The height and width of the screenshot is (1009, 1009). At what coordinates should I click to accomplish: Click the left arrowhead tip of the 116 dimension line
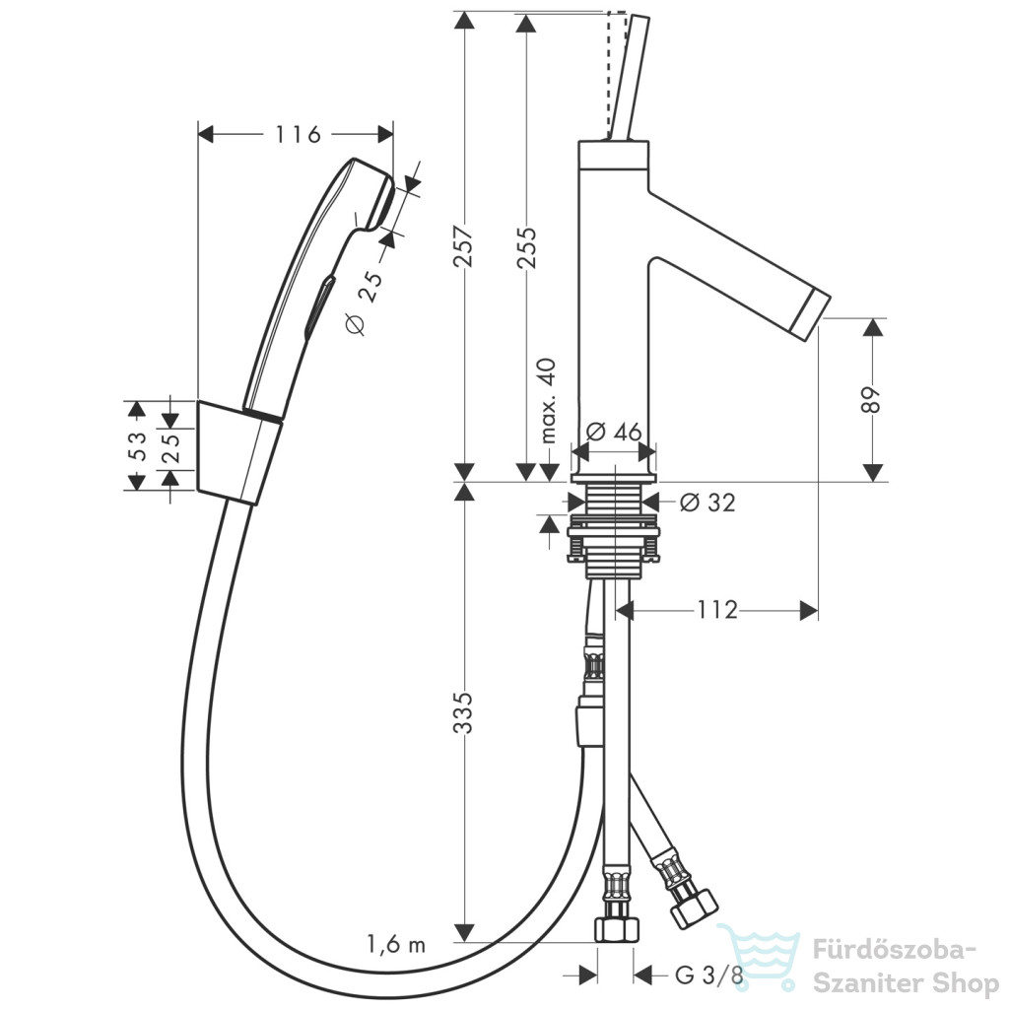pyautogui.click(x=197, y=134)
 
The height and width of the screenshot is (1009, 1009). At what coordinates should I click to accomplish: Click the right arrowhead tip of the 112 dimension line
pyautogui.click(x=818, y=610)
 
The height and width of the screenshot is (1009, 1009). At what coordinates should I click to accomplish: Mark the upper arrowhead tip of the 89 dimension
pyautogui.click(x=873, y=319)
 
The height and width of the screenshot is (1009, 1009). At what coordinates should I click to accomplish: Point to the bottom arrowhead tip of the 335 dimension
pyautogui.click(x=464, y=942)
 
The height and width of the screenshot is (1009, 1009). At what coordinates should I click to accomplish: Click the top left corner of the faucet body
pyautogui.click(x=578, y=142)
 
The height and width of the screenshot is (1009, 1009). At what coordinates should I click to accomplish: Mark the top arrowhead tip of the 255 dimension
pyautogui.click(x=526, y=14)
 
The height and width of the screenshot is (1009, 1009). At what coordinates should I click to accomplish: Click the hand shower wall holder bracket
pyautogui.click(x=236, y=451)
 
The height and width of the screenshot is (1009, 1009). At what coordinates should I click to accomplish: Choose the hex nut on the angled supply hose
pyautogui.click(x=693, y=908)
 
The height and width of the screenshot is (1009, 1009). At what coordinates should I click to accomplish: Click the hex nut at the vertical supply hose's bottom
pyautogui.click(x=618, y=929)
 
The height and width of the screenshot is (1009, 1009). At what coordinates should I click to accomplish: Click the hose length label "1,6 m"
pyautogui.click(x=396, y=945)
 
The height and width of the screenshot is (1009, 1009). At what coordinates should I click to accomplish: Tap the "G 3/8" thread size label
pyautogui.click(x=709, y=975)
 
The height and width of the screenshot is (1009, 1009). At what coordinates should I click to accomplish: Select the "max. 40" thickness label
pyautogui.click(x=548, y=401)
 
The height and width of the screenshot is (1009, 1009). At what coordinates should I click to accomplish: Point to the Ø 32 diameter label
pyautogui.click(x=707, y=502)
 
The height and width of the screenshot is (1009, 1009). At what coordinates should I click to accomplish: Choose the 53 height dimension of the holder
pyautogui.click(x=137, y=445)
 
